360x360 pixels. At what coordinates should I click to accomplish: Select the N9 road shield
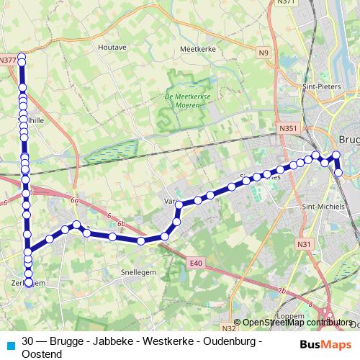[x=264, y=53]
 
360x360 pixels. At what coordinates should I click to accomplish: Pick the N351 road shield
[x=288, y=128]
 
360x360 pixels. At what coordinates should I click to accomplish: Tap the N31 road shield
[x=304, y=244]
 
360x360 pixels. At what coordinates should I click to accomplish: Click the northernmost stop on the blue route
[x=22, y=56]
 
